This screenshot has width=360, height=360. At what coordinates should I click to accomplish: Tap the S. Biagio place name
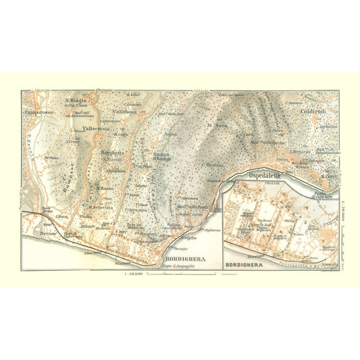[x=76, y=101]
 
